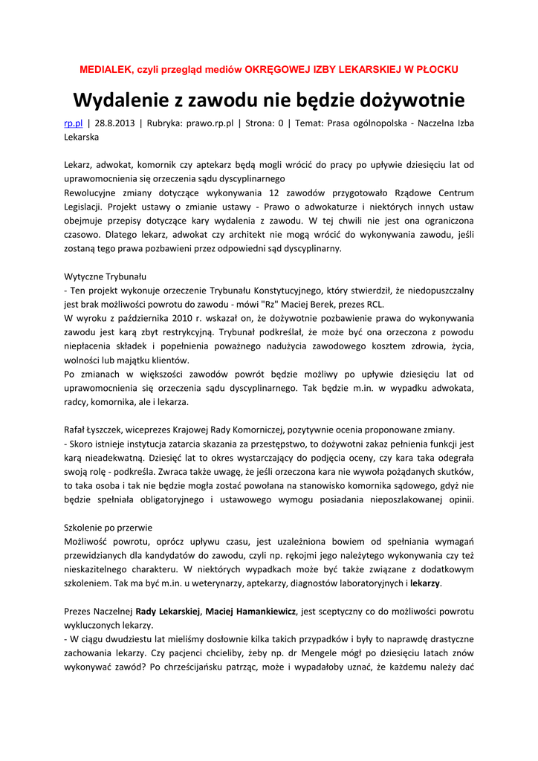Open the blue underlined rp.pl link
point(73,123)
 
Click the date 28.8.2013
point(115,123)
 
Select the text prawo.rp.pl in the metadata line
point(204,123)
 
